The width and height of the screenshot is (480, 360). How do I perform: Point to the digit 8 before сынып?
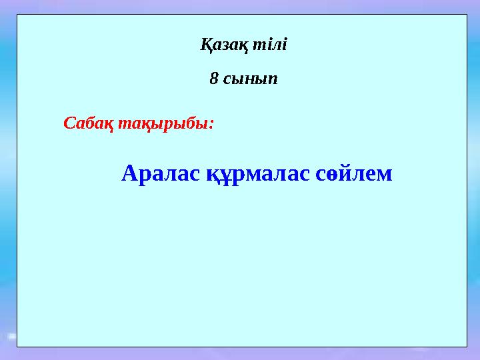pos(213,79)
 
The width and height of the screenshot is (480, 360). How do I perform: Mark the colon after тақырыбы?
pos(211,125)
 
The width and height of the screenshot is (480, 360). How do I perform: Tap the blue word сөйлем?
pos(353,174)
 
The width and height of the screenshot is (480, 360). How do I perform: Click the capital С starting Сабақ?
pos(68,123)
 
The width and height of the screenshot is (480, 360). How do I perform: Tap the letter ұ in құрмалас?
pos(224,175)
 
